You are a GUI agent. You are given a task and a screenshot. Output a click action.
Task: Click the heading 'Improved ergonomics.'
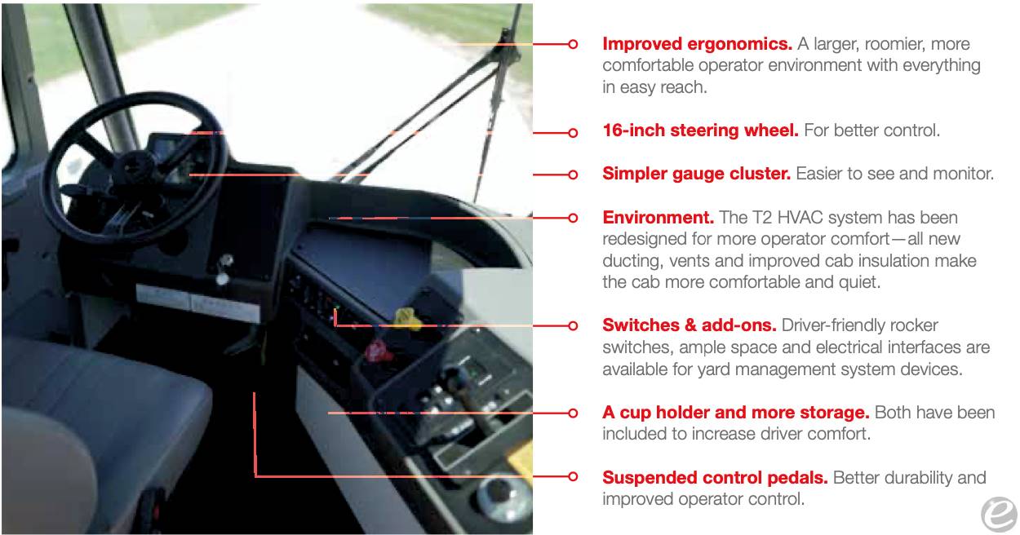[697, 44]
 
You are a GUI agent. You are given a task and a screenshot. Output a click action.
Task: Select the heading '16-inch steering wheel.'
[700, 130]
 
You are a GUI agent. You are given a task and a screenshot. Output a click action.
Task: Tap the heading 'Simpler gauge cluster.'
[696, 174]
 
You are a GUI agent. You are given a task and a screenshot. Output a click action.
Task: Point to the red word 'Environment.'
[658, 218]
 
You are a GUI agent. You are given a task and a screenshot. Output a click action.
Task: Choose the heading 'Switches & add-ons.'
[690, 325]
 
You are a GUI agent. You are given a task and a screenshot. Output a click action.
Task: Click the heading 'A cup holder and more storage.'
[736, 413]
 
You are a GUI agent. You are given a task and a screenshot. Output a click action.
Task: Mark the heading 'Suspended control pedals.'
[715, 478]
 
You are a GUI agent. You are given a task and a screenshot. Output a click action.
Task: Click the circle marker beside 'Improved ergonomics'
[574, 44]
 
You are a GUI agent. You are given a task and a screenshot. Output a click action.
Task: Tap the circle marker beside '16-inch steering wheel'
[574, 133]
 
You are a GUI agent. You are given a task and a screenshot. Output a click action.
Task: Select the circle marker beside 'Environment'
[574, 218]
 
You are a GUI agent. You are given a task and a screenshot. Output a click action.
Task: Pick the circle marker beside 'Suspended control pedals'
[574, 476]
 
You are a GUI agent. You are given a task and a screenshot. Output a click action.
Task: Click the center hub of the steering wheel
[135, 170]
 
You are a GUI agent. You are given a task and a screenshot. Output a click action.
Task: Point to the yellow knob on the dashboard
[406, 318]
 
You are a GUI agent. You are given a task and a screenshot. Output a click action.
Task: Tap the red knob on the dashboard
[378, 352]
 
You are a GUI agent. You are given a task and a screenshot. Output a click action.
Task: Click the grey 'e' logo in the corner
[999, 515]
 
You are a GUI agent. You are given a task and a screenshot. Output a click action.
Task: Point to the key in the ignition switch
[224, 268]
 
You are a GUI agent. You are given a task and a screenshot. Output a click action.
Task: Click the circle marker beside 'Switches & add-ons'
[574, 325]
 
